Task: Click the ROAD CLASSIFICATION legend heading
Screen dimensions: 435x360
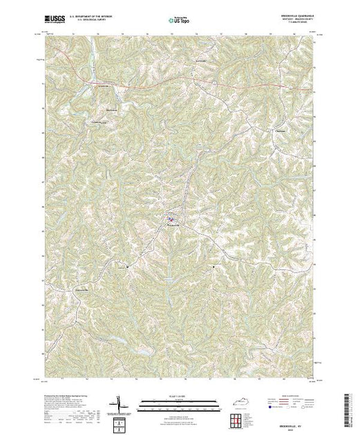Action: pyautogui.click(x=293, y=394)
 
